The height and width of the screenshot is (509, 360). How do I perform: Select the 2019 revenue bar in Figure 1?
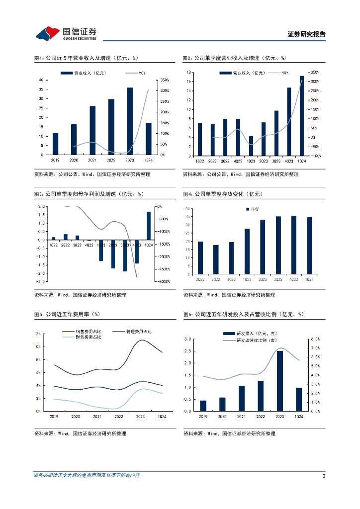(x=55, y=144)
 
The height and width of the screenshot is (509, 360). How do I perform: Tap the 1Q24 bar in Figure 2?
(x=301, y=116)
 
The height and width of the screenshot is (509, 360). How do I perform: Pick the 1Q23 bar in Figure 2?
(x=251, y=146)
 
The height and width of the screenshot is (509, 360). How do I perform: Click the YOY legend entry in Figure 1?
(x=139, y=73)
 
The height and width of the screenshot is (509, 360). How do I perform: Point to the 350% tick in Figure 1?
(x=166, y=80)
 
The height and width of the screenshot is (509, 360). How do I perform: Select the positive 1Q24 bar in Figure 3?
(x=148, y=226)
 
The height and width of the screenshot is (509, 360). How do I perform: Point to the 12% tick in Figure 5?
(x=38, y=334)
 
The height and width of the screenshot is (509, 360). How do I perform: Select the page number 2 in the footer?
(x=324, y=476)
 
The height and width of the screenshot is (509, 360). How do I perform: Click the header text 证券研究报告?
(x=306, y=34)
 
